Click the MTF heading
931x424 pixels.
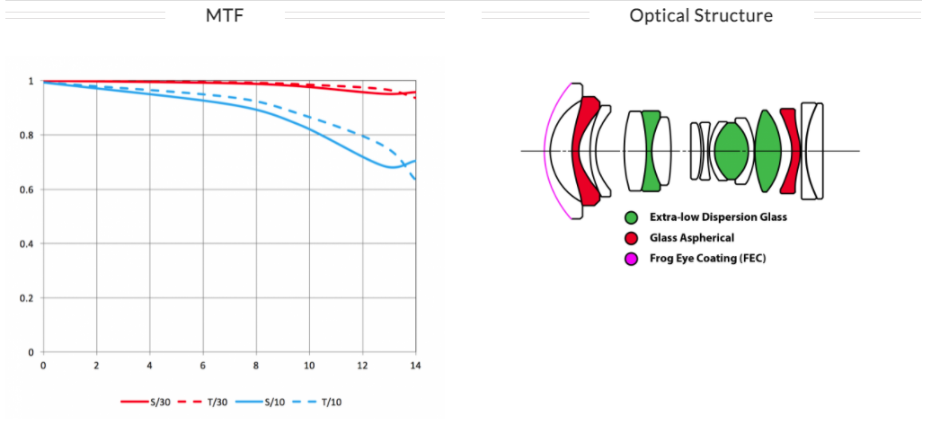click(225, 15)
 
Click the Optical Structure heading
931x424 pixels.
click(700, 15)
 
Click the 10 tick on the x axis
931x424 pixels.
click(309, 366)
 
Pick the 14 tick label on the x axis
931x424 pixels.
click(415, 366)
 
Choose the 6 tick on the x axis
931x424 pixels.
click(202, 366)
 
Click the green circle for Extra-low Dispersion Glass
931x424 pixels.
click(632, 217)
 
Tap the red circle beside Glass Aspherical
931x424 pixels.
click(632, 238)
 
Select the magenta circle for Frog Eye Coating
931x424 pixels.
click(632, 259)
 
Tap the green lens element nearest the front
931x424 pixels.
click(652, 151)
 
